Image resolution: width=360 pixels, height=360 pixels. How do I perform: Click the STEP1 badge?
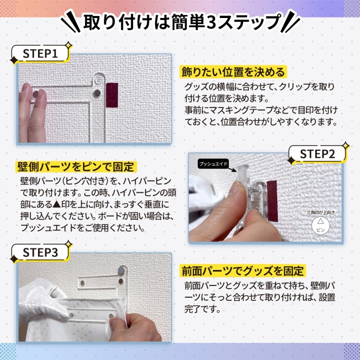pyautogui.click(x=40, y=53)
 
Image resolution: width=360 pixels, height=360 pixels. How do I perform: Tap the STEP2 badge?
pyautogui.click(x=317, y=154)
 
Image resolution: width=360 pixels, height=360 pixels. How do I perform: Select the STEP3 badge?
pyautogui.click(x=40, y=253)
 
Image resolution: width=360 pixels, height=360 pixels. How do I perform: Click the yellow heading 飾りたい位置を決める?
pyautogui.click(x=233, y=72)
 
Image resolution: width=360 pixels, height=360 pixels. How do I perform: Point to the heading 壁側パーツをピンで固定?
pyautogui.click(x=76, y=167)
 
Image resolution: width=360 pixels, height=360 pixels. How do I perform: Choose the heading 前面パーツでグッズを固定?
pyautogui.click(x=242, y=271)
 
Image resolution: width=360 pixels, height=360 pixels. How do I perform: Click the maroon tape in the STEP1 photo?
pyautogui.click(x=112, y=95)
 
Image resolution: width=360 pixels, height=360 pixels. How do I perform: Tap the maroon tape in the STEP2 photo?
pyautogui.click(x=272, y=201)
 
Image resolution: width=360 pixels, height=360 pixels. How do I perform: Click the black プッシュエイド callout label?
pyautogui.click(x=213, y=164)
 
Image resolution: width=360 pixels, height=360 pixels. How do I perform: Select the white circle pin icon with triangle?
pyautogui.click(x=320, y=226)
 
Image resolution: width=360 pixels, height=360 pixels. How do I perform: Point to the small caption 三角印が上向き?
pyautogui.click(x=321, y=212)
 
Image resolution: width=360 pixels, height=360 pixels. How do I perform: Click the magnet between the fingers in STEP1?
pyautogui.click(x=36, y=94)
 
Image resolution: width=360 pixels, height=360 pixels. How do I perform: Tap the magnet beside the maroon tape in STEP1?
pyautogui.click(x=97, y=93)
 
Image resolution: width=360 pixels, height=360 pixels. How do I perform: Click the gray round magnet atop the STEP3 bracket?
pyautogui.click(x=121, y=270)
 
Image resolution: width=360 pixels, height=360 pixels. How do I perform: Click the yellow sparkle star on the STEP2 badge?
pyautogui.click(x=345, y=146)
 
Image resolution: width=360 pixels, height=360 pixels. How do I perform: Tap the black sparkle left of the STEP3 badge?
pyautogui.click(x=14, y=259)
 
